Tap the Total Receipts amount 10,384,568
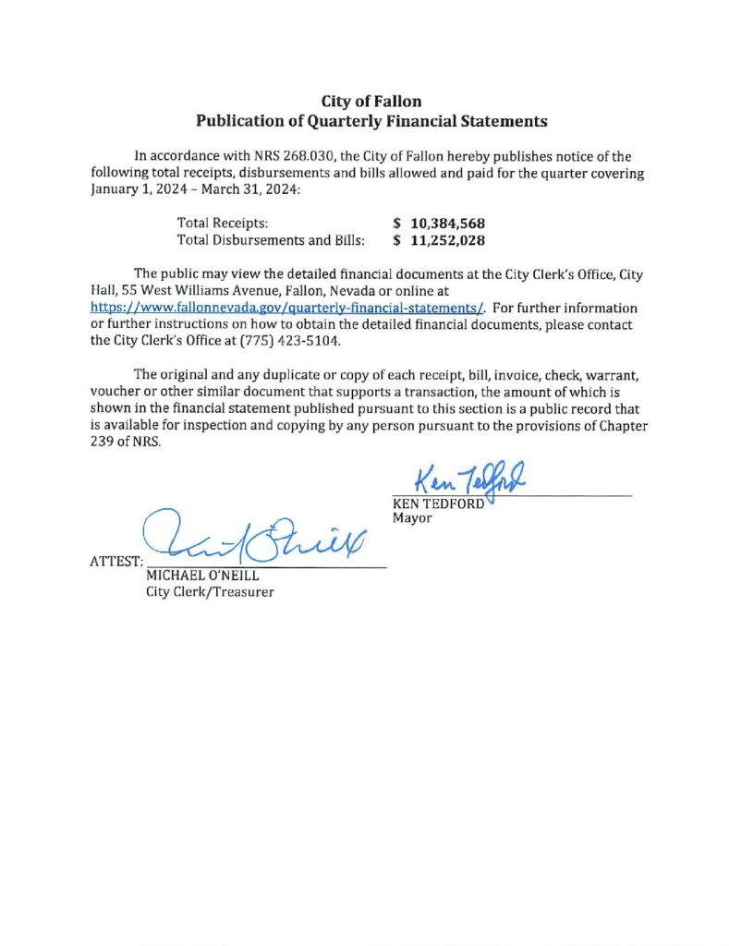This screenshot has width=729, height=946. [x=447, y=224]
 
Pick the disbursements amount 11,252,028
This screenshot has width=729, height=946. [x=447, y=240]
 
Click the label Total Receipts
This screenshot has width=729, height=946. [x=222, y=224]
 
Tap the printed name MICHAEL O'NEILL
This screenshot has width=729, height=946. [x=197, y=576]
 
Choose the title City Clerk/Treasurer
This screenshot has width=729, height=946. [x=210, y=592]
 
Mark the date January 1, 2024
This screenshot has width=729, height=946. [x=140, y=189]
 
